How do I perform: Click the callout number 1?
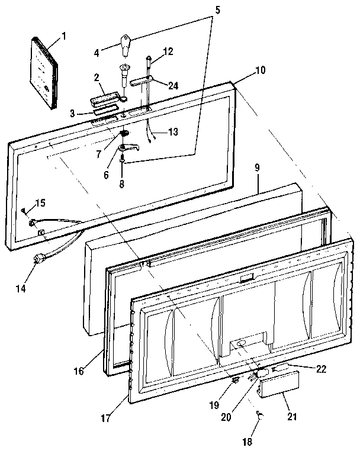tap(64, 37)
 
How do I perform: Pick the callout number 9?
tap(258, 168)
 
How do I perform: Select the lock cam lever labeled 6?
tap(130, 149)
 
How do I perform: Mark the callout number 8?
tap(121, 184)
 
